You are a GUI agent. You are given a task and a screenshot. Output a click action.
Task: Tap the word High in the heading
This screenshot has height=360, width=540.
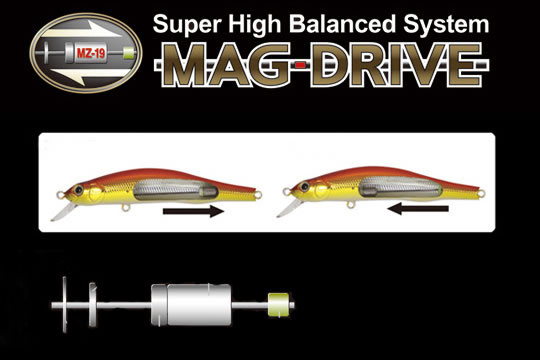pos(255,25)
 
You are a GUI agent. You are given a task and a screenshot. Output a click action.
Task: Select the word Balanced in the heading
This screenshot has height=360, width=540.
pos(342,24)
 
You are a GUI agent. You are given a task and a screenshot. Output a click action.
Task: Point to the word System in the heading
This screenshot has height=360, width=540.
pos(446,25)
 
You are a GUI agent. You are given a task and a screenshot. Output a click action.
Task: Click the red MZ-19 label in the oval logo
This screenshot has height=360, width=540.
pos(91,53)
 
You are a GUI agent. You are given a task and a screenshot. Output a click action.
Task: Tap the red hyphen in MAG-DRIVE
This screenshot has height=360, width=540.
pos(300,64)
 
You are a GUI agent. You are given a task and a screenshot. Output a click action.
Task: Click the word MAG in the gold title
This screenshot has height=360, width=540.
pos(227,65)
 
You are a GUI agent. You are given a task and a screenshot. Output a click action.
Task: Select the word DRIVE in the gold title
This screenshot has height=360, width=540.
pos(396,65)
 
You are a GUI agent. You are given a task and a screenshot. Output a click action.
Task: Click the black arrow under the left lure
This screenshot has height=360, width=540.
pos(193,211)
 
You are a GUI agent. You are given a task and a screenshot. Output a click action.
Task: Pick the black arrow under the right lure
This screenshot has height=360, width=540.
pos(418,208)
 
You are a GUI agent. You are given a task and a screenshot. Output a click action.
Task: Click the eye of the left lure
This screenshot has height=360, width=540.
pos(79,190)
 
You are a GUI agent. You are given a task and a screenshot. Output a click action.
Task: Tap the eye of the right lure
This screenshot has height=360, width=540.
pos(304,187)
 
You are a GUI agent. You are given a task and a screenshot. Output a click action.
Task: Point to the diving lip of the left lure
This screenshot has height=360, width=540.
pos(63,212)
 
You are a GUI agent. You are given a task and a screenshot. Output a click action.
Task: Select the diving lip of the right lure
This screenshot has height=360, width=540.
pos(289,208)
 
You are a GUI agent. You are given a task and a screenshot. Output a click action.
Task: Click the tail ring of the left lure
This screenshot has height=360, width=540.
pos(258,195)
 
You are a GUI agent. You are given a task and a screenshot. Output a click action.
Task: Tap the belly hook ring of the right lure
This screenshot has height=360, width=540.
pos(351,205)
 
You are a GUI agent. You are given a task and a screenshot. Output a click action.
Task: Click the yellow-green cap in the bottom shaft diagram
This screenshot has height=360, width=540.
pos(279,305)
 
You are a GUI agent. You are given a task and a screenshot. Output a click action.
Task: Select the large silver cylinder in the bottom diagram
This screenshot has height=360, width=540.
pos(191,305)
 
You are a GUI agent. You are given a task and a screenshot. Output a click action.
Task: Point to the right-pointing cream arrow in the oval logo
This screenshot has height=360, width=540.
pos(83,31)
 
